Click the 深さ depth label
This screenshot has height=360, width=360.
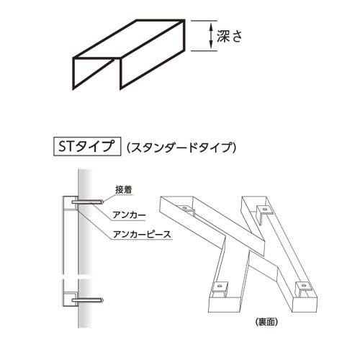[230, 36]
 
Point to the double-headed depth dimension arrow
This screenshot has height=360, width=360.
[211, 35]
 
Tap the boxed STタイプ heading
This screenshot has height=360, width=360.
[87, 146]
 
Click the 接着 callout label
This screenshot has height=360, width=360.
[124, 190]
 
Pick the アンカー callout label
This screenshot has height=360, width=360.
[129, 215]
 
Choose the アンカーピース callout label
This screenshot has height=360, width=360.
[142, 234]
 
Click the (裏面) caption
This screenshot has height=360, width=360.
[266, 322]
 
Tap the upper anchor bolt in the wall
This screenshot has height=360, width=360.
[88, 202]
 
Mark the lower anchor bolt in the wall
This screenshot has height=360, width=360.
[88, 300]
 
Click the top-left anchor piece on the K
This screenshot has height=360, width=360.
[186, 210]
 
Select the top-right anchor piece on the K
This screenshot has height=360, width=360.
[264, 212]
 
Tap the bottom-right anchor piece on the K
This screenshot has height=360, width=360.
[303, 287]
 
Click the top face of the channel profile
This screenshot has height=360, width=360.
[129, 39]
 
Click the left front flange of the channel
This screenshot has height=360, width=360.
[93, 73]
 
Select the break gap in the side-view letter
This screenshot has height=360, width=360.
[71, 276]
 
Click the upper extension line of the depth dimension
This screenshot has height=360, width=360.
[204, 21]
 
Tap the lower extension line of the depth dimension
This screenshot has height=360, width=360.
[204, 50]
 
